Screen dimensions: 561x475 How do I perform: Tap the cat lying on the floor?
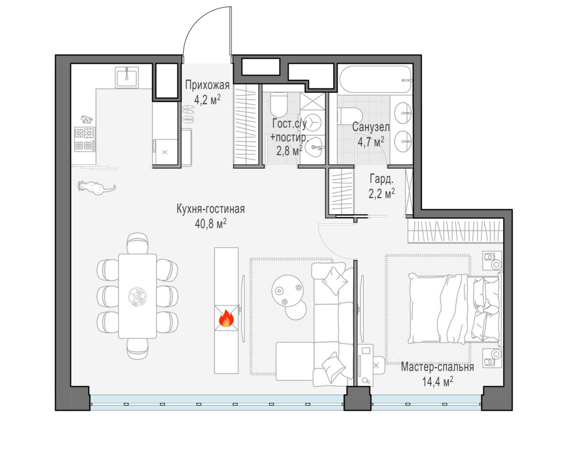[96, 187]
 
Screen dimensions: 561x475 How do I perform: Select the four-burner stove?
[85, 139]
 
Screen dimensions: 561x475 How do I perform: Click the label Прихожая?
[207, 85]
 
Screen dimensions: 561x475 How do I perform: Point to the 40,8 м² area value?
[211, 223]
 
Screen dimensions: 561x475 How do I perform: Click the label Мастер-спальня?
[437, 367]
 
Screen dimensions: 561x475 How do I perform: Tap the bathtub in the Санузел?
[375, 79]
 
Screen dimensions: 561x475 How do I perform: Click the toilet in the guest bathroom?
[279, 104]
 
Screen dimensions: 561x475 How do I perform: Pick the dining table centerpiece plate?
[137, 296]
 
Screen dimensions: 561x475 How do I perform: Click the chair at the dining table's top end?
[137, 243]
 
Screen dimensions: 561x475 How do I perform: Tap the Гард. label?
[381, 179]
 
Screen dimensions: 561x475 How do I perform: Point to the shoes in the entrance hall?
[188, 114]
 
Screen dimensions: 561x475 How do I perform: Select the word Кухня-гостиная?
[210, 209]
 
